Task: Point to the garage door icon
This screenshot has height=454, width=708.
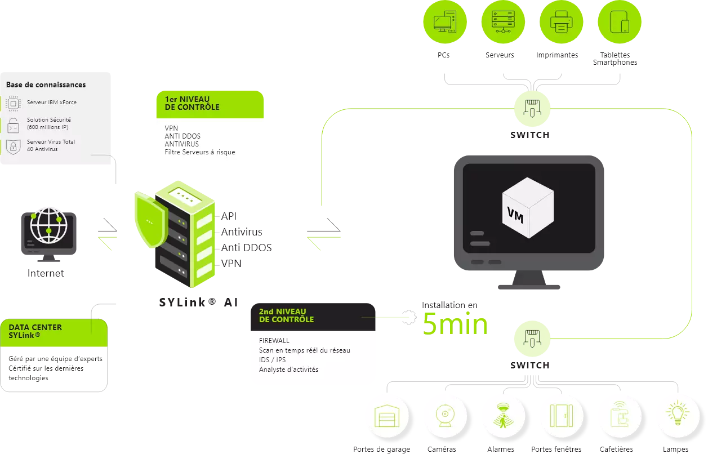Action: coord(387,416)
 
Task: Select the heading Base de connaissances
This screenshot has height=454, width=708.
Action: coord(46,85)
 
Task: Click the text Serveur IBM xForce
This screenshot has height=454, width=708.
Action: coord(52,103)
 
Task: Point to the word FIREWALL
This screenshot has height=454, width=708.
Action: coord(274,341)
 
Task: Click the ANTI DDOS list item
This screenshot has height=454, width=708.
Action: coord(182,136)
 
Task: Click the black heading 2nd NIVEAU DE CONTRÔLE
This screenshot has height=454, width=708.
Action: coord(286,315)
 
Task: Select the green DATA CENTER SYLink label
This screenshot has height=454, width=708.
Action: coord(35,331)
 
